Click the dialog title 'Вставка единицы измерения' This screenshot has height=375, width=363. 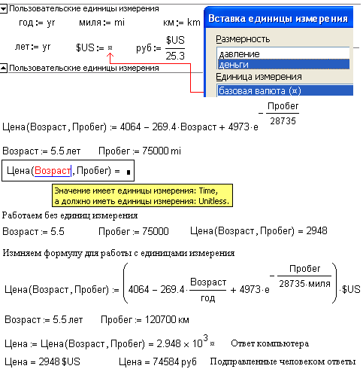click(x=278, y=19)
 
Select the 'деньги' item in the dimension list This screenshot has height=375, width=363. click(x=234, y=65)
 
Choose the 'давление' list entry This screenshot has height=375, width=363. click(x=239, y=54)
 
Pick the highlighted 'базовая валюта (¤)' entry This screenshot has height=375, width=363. click(x=260, y=90)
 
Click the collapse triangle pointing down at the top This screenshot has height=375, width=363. click(x=4, y=9)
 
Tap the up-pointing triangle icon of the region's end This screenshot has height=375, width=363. click(x=4, y=68)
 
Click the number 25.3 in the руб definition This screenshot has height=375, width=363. click(x=175, y=56)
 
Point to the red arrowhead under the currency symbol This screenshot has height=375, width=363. click(x=110, y=55)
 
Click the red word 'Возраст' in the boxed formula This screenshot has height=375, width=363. click(x=53, y=171)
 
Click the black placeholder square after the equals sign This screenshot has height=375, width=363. click(x=129, y=172)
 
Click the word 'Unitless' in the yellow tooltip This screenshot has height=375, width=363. click(x=213, y=201)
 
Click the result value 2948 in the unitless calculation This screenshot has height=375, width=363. click(x=316, y=230)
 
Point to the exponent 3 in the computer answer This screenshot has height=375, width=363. click(x=205, y=338)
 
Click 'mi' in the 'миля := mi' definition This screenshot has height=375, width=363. click(x=119, y=23)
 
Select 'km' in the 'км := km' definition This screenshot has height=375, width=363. click(x=194, y=23)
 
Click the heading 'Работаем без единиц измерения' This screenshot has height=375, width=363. click(x=70, y=215)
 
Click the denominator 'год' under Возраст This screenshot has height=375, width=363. click(x=208, y=298)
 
